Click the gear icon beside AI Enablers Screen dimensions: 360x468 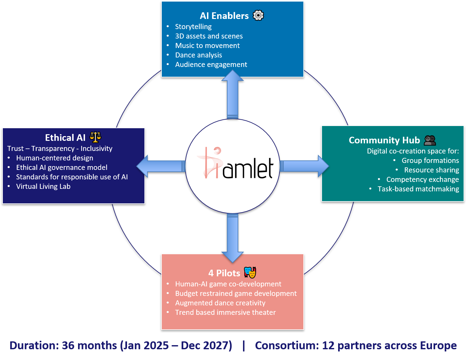coord(258,15)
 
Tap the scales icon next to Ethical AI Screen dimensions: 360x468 coord(95,137)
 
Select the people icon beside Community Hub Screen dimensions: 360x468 coord(430,140)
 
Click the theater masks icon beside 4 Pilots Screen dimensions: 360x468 coord(250,273)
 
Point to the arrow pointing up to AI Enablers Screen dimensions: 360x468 coord(233,95)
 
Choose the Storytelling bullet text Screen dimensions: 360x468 coord(193,27)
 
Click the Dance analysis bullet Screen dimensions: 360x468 coord(198,55)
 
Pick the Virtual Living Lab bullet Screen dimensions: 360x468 coord(43,186)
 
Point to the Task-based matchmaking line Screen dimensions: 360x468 coord(418,189)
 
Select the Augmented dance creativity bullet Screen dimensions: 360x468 coord(220,303)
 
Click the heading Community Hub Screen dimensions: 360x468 coord(384,140)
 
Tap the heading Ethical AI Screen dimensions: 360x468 coord(65,138)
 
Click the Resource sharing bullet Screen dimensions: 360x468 coord(431,170)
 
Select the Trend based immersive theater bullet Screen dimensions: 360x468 coord(225,312)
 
